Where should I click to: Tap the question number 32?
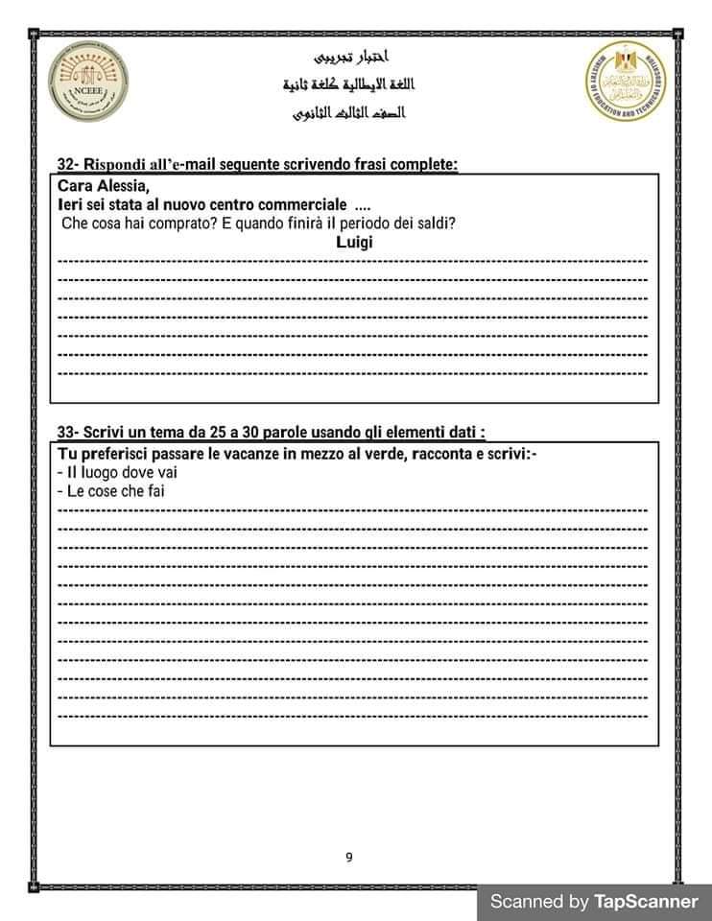(66, 165)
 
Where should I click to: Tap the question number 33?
(66, 432)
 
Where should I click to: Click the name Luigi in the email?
(355, 243)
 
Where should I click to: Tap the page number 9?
(349, 830)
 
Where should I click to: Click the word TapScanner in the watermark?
(646, 901)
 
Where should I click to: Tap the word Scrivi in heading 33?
(103, 432)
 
